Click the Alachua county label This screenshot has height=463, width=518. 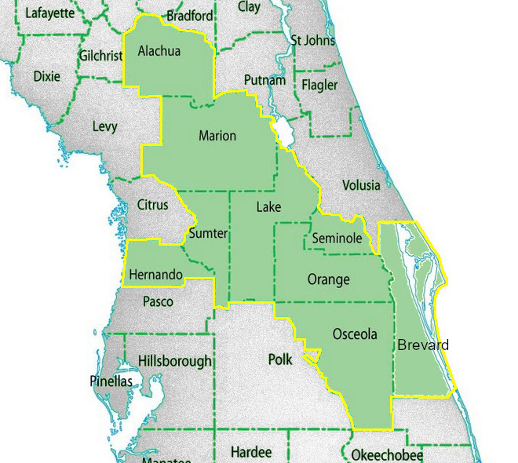[x=159, y=52]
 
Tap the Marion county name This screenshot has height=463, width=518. [x=217, y=136]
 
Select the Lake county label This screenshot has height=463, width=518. [x=268, y=207]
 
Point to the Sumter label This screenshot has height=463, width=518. [x=208, y=234]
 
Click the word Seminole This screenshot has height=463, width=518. [x=336, y=238]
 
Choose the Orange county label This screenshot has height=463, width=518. [x=328, y=280]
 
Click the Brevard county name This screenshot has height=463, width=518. [x=423, y=345]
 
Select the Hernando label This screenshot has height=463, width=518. [x=155, y=275]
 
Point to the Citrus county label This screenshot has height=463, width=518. [x=152, y=205]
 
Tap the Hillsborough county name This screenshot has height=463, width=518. [x=174, y=361]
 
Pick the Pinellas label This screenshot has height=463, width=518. [x=110, y=381]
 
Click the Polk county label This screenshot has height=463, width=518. [x=279, y=359]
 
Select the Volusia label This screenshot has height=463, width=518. [x=361, y=186]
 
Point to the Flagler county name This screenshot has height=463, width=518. [x=319, y=85]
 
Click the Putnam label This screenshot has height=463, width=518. [x=259, y=80]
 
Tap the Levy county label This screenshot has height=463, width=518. [x=104, y=126]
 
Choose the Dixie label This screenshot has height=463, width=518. [x=46, y=76]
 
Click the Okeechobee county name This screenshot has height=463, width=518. [x=387, y=456]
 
